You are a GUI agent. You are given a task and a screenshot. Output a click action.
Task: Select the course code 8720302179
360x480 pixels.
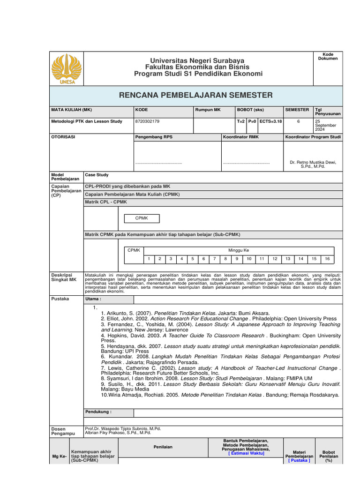click(x=147, y=121)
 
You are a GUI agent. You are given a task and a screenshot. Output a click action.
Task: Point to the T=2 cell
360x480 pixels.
click(x=241, y=121)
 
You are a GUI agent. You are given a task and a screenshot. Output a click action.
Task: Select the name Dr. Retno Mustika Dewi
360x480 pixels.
click(x=313, y=162)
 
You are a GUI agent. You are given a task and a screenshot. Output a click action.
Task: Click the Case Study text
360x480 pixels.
click(x=97, y=175)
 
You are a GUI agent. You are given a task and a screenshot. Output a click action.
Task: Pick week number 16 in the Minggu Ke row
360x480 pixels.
click(x=327, y=259)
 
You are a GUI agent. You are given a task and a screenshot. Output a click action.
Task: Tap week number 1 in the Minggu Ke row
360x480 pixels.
click(x=148, y=259)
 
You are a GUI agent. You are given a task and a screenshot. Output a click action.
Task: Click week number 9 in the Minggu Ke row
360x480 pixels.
click(x=237, y=259)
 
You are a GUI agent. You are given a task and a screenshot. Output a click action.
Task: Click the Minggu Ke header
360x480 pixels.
click(x=239, y=251)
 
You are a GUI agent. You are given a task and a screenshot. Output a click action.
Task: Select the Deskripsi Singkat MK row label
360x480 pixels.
click(x=63, y=277)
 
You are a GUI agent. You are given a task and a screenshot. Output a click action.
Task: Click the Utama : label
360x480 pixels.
click(x=93, y=299)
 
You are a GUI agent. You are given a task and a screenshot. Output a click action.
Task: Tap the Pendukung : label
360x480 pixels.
click(x=98, y=412)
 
